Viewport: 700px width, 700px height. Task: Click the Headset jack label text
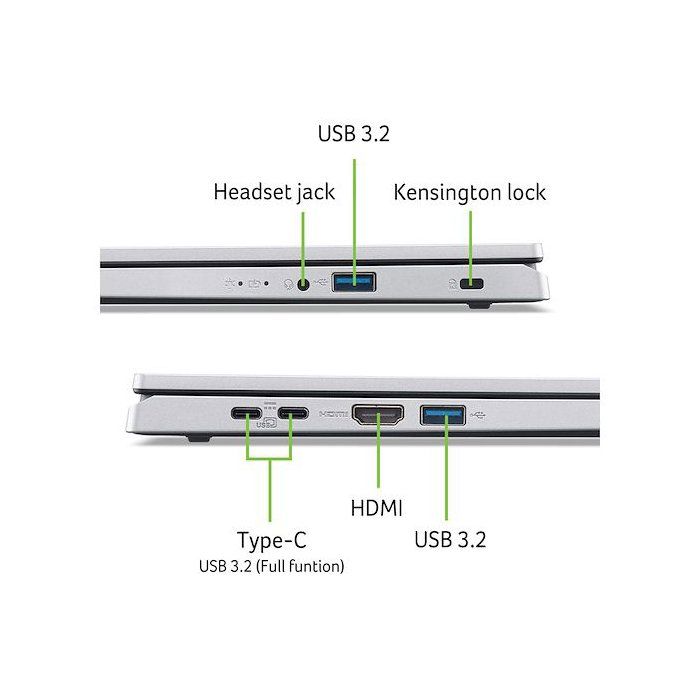tap(274, 192)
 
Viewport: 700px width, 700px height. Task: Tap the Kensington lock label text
tap(469, 192)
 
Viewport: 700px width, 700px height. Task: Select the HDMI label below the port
tap(376, 508)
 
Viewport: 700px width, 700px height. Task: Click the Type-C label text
tap(271, 541)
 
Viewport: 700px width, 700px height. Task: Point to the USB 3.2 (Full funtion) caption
tap(271, 566)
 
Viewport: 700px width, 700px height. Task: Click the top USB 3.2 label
tap(354, 133)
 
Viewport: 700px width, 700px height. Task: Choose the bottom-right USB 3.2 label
tap(450, 539)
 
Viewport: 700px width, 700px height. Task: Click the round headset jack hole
tap(303, 284)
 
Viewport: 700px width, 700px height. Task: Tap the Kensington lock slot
tap(471, 283)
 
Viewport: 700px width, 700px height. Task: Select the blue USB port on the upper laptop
tap(354, 282)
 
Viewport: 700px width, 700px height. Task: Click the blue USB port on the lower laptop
tap(443, 416)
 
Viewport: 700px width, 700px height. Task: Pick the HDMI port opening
tap(378, 415)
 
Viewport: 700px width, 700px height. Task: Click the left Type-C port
tap(246, 413)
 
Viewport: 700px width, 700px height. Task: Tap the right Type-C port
tap(293, 413)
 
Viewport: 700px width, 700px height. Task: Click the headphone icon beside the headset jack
tap(289, 284)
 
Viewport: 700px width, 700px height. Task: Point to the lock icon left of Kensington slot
tap(453, 284)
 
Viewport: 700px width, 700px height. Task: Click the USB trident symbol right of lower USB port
tap(478, 416)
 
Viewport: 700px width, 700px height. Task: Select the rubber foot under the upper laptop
tap(479, 305)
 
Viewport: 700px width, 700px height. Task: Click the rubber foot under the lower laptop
tap(199, 438)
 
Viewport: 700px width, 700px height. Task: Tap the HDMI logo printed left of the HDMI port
tap(334, 414)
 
